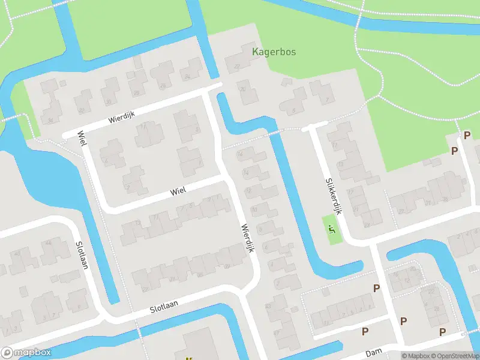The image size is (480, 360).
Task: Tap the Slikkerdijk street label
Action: point(334,196)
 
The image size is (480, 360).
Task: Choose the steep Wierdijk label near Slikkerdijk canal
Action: point(247,238)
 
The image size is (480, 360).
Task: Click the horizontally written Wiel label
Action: point(178,191)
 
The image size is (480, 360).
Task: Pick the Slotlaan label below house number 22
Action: point(164,307)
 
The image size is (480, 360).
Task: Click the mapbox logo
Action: point(26,353)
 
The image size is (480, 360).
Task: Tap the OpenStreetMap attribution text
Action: point(454,356)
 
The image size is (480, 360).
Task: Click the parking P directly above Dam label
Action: point(365,331)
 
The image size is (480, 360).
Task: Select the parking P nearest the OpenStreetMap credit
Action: point(443,332)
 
